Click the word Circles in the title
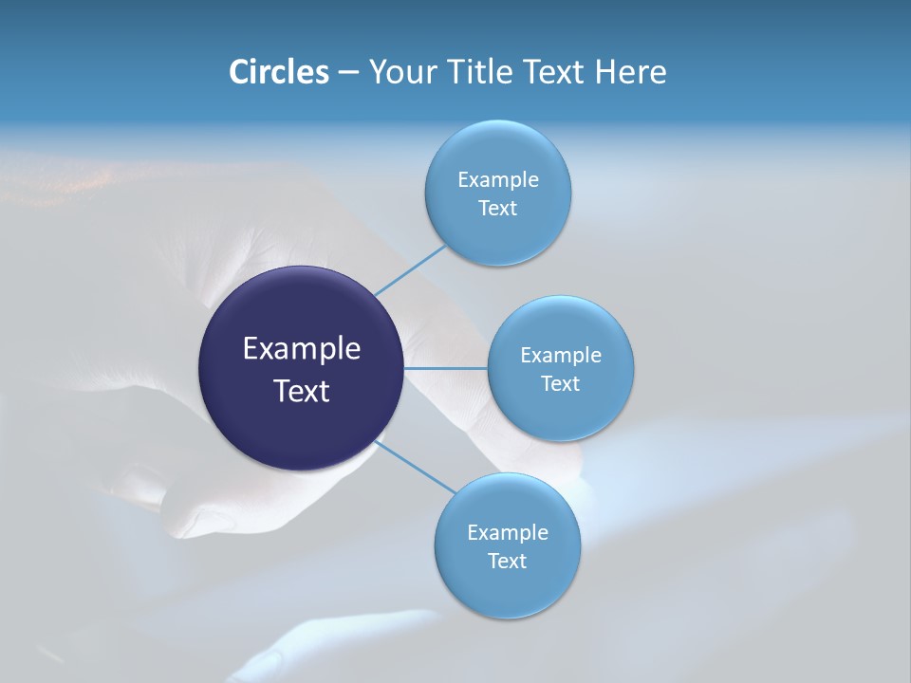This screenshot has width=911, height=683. pyautogui.click(x=278, y=72)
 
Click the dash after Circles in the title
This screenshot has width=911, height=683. pyautogui.click(x=347, y=73)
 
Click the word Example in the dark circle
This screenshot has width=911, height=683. pyautogui.click(x=302, y=349)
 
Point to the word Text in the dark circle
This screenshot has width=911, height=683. pyautogui.click(x=302, y=391)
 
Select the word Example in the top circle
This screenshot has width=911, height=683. pyautogui.click(x=498, y=180)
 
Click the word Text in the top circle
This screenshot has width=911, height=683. pyautogui.click(x=497, y=209)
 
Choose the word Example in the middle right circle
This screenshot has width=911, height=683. pyautogui.click(x=561, y=356)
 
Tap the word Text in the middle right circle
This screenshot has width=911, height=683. pyautogui.click(x=560, y=384)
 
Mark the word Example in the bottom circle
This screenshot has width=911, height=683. pyautogui.click(x=508, y=533)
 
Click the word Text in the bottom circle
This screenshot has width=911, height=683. pyautogui.click(x=507, y=562)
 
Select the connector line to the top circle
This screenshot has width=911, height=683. pyautogui.click(x=410, y=270)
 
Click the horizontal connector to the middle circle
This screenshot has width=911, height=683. pyautogui.click(x=445, y=368)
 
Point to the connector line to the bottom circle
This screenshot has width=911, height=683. pyautogui.click(x=416, y=467)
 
